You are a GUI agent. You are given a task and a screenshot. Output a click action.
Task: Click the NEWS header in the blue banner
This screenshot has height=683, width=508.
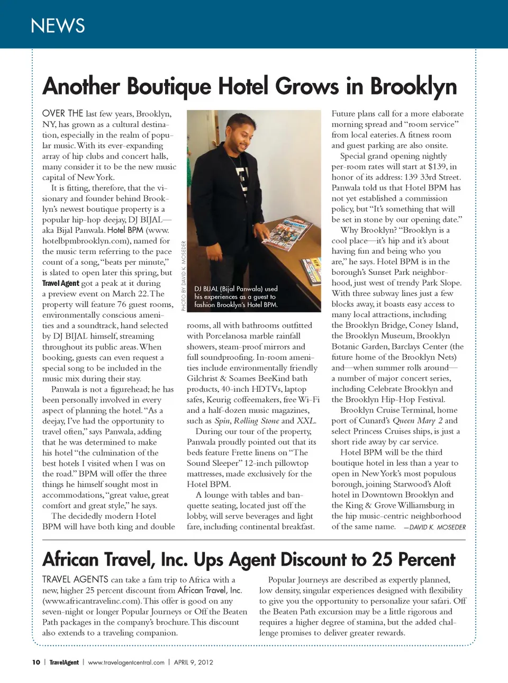58,25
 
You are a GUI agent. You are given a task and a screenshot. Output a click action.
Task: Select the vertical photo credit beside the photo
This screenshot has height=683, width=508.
184,276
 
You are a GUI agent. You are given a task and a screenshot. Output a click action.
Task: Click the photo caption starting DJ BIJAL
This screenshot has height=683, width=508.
236,296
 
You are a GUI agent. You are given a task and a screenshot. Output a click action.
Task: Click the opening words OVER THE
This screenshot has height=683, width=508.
62,113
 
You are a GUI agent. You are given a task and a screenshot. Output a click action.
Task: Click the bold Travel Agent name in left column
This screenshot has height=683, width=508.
60,283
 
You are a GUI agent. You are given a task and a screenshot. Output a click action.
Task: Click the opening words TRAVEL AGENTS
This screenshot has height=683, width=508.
75,580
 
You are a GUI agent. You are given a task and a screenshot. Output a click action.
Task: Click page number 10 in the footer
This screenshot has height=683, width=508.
36,662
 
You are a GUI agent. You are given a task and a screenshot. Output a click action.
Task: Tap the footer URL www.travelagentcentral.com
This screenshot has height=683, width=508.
126,662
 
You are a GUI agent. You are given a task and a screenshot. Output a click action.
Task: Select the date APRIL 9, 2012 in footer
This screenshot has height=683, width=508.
194,662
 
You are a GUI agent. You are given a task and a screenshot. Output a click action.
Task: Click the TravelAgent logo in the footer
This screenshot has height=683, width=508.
64,662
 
